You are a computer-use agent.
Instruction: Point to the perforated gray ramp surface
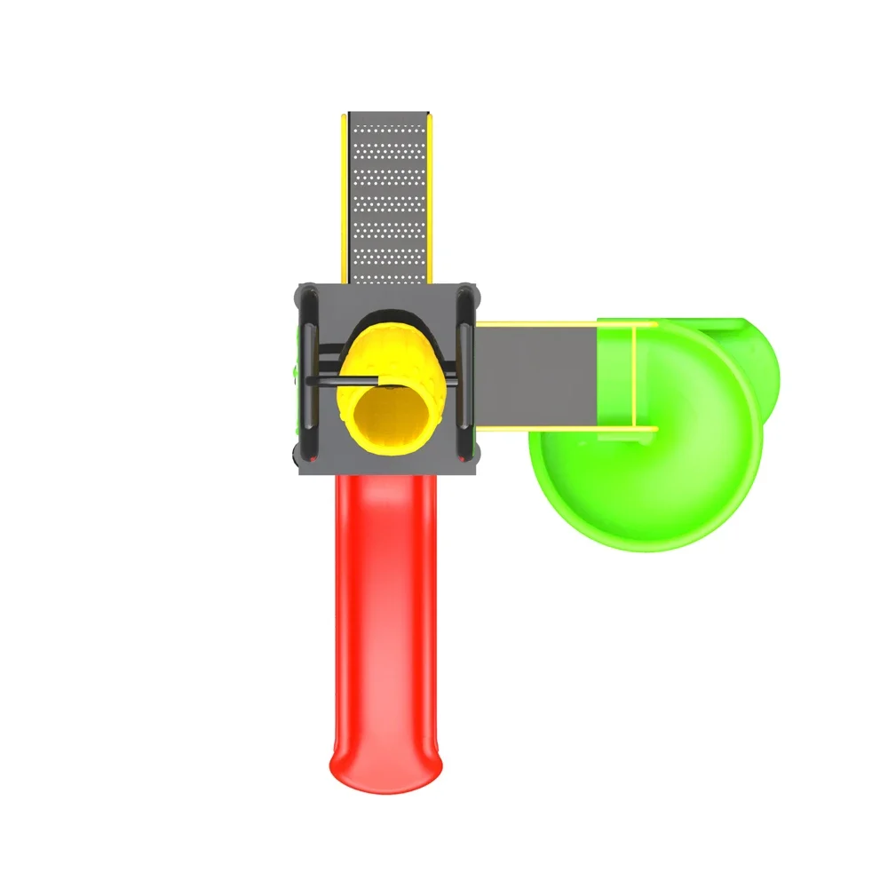(x=387, y=195)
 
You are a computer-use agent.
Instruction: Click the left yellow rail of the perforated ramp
(x=344, y=195)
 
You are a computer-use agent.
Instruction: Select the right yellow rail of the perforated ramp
(x=431, y=195)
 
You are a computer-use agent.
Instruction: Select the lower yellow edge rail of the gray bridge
(x=568, y=430)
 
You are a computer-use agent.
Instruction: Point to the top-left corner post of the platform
(x=304, y=289)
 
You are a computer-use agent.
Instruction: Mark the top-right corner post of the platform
(x=470, y=289)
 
